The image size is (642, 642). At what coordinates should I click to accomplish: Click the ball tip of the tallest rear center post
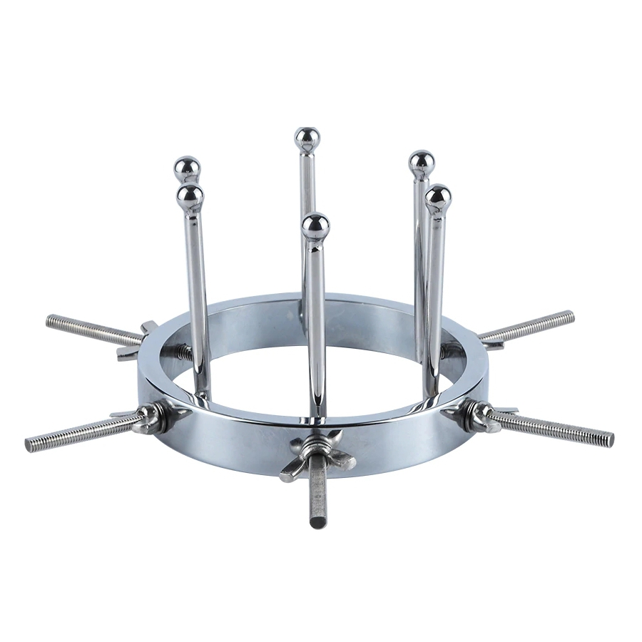click(307, 138)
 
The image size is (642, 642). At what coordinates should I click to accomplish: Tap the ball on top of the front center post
click(315, 226)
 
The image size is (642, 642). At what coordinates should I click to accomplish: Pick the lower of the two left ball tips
click(190, 196)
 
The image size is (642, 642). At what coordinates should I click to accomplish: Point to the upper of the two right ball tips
click(422, 163)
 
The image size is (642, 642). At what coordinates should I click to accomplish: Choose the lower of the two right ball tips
click(438, 196)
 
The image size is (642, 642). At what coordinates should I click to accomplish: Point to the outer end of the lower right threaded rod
click(610, 440)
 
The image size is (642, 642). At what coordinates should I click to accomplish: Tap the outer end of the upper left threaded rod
click(51, 320)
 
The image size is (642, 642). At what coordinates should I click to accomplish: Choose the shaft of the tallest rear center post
click(307, 214)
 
